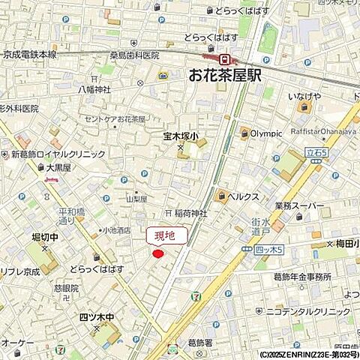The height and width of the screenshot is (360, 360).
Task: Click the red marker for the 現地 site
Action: [158, 254]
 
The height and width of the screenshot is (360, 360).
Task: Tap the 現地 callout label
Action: [163, 236]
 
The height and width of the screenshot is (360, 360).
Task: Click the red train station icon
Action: [223, 58]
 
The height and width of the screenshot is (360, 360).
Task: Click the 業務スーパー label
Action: [299, 205]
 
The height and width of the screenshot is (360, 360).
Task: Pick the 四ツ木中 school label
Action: [97, 316]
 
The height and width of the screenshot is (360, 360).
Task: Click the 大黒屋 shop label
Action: [57, 169]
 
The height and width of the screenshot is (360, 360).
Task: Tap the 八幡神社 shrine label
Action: [95, 89]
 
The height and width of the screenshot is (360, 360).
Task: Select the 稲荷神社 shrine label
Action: [190, 214]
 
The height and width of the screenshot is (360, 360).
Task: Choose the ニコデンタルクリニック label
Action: [312, 310]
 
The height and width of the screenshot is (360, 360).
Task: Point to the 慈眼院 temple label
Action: [66, 288]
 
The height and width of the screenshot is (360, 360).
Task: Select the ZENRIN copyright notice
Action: [307, 355]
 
